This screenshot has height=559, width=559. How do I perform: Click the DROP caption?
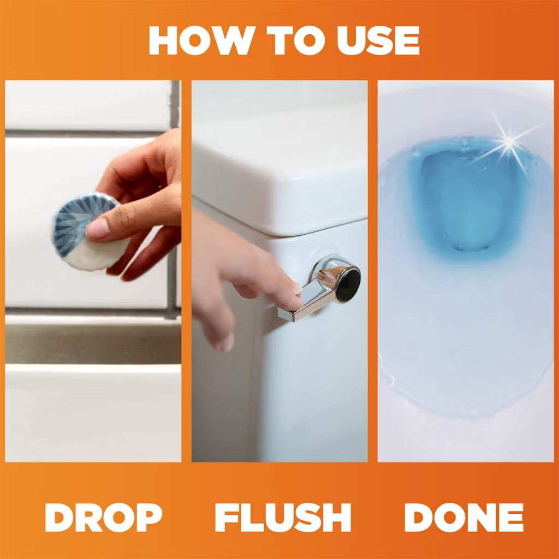tap(103, 518)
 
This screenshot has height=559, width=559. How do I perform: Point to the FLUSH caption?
tap(283, 518)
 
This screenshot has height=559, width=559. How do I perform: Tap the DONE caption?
tap(463, 518)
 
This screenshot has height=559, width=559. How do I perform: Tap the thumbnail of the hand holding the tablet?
tap(93, 271)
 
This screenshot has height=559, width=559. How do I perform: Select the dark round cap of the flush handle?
tap(348, 284)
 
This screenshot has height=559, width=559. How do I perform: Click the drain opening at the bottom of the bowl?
tap(470, 247)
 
